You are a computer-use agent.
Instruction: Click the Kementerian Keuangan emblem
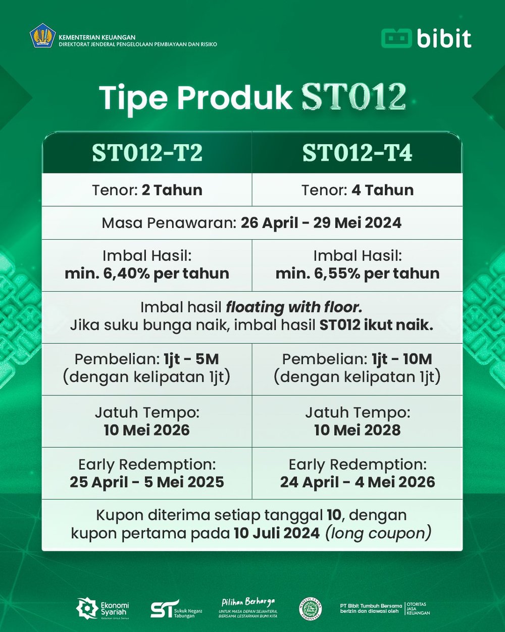42,37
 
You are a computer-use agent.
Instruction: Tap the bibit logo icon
396,38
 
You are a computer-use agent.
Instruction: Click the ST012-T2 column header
147,153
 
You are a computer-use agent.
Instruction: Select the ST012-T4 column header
357,153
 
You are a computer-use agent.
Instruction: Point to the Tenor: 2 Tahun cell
147,190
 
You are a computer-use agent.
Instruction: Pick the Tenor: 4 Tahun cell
357,190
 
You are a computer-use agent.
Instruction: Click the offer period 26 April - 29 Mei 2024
321,223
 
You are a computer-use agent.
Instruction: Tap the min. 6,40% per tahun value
147,274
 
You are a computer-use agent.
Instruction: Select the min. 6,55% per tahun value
357,274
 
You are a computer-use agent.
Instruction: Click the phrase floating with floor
294,307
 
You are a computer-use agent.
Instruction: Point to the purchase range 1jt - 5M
191,359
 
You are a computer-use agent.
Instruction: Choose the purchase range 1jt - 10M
402,359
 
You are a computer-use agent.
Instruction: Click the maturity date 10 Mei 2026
147,430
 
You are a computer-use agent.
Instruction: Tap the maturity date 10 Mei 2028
357,430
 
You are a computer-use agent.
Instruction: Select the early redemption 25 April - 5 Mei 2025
147,482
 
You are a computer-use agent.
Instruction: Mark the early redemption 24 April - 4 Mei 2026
357,482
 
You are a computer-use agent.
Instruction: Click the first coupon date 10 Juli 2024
276,533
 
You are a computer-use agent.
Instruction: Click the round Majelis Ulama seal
310,609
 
